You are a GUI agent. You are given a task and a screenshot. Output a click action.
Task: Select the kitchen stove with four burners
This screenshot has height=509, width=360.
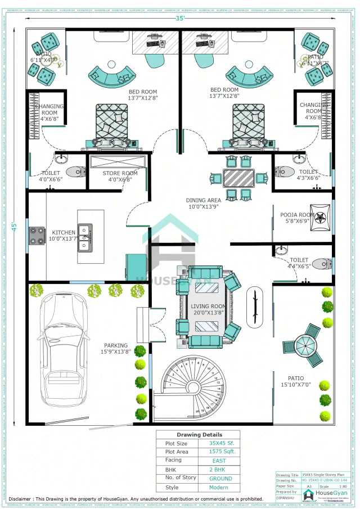pos(37,236)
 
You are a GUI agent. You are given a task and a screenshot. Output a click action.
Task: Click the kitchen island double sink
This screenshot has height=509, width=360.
pos(85,237)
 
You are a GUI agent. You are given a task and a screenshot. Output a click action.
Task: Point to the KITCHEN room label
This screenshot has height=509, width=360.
pos(64,232)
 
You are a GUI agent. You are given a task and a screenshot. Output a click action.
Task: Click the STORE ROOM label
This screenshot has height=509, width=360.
pos(120,173)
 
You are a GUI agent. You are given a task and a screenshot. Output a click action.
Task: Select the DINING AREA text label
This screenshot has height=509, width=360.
pos(203,200)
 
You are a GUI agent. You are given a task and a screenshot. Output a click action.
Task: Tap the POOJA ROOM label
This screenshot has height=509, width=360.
pos(297,214)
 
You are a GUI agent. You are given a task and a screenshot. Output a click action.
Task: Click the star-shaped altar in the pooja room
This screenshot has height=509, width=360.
pos(322,217)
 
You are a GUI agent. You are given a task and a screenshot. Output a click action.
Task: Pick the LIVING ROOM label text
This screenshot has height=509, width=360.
pos(208,305)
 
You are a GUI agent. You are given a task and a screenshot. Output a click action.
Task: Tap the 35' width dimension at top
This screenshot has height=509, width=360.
pos(179,18)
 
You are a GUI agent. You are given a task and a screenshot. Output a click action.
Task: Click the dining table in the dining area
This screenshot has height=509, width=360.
pos(238,178)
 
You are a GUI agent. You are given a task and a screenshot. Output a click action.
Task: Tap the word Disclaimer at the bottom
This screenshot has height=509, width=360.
pos(20,499)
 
